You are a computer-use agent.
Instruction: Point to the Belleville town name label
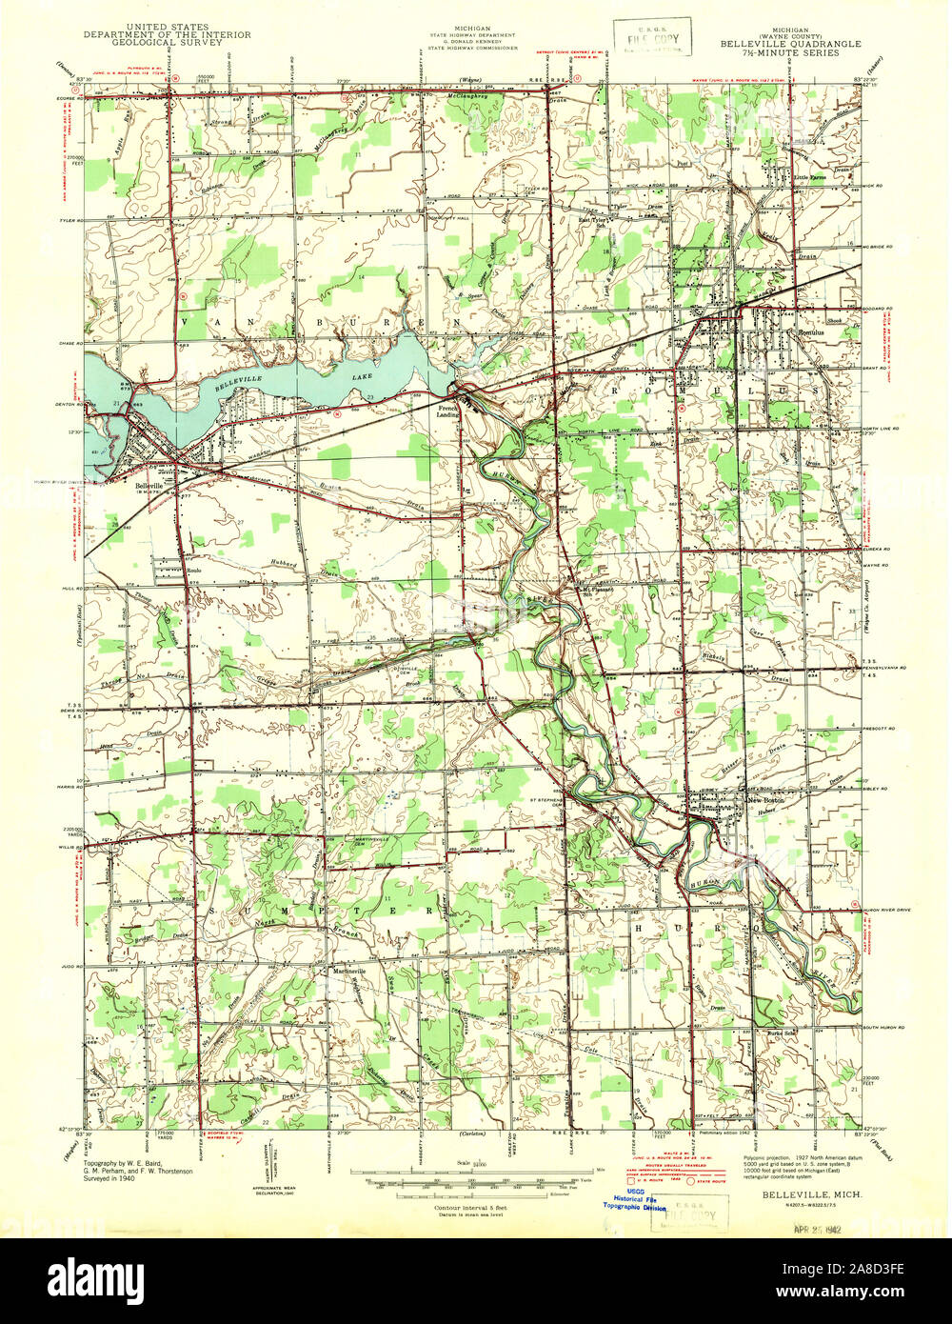pos(149,485)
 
